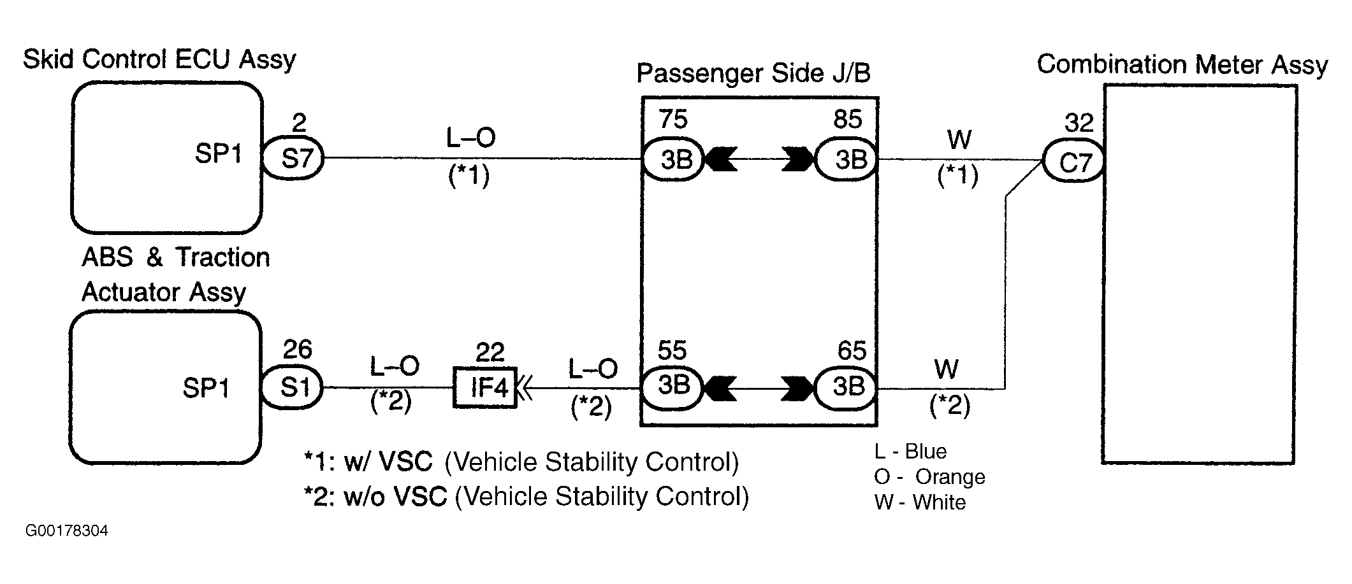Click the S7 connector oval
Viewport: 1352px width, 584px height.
coord(293,157)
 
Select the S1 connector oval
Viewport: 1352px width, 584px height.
coord(293,387)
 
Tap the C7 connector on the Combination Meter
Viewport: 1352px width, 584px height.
coord(1074,162)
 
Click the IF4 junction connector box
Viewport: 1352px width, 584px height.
coord(486,387)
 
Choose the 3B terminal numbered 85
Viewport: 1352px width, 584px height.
coord(847,159)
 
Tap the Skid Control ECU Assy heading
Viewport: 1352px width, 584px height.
coord(159,61)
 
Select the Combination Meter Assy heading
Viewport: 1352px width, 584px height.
coord(1182,65)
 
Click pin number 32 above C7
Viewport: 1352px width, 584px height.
coord(1079,123)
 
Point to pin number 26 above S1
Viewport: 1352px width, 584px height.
coord(297,350)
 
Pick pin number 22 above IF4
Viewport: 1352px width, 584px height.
coord(490,352)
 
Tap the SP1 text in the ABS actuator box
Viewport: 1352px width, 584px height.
coord(206,388)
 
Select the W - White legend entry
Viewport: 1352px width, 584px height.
coord(920,502)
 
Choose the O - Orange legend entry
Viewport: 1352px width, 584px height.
coord(930,477)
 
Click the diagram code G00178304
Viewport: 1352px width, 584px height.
coord(67,531)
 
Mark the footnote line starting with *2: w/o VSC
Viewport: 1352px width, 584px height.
coord(527,497)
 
